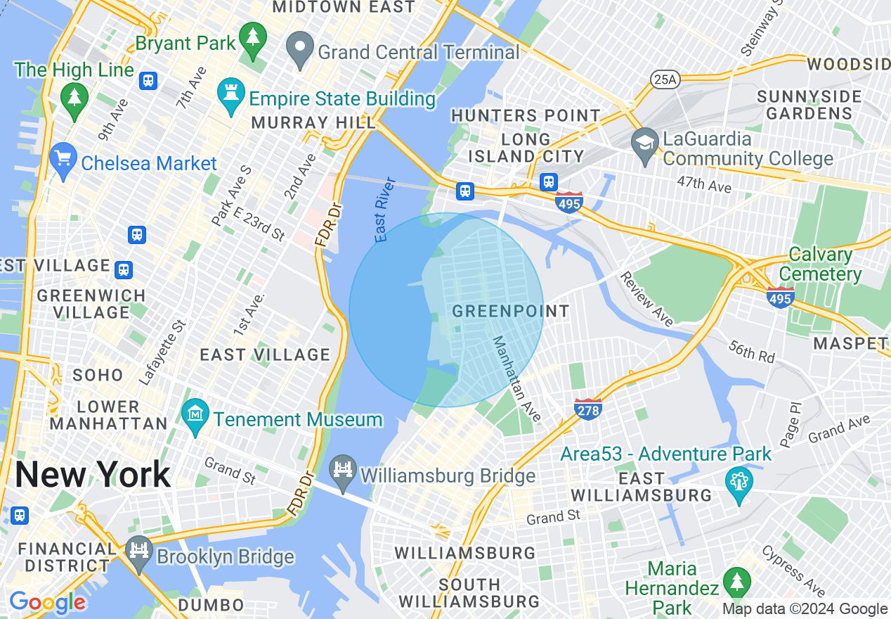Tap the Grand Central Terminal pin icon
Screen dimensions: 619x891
click(301, 50)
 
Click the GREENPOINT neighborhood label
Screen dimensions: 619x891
click(511, 311)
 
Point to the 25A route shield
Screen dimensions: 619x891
click(664, 79)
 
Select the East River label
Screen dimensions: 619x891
click(386, 210)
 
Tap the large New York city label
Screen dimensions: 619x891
click(93, 475)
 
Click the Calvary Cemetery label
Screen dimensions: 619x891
click(821, 264)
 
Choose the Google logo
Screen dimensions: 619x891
click(47, 603)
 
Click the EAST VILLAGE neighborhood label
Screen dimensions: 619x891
click(265, 355)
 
